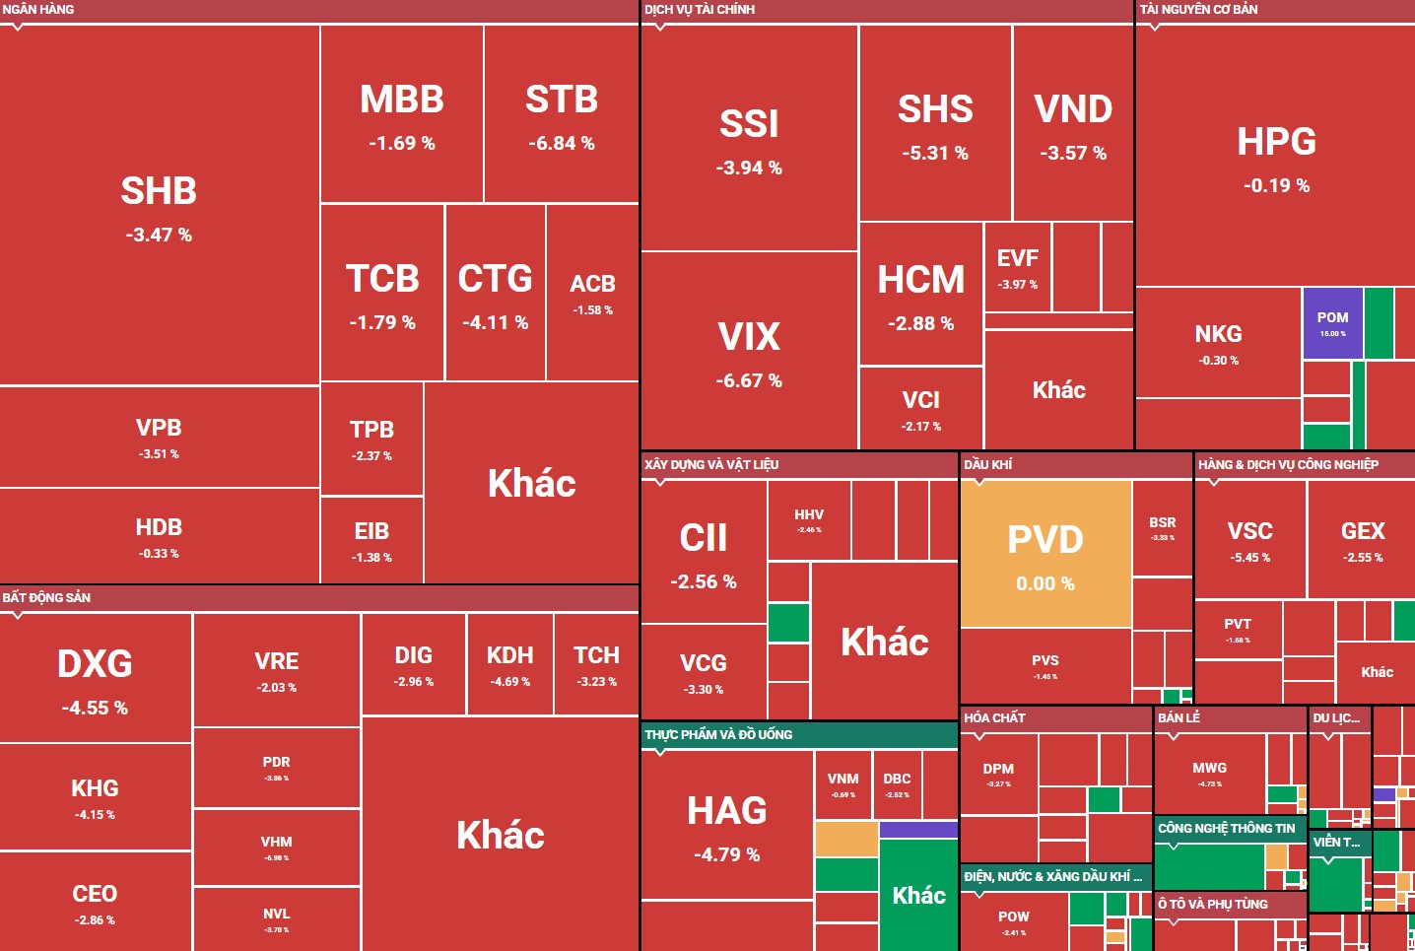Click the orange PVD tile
click(x=1045, y=554)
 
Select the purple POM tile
click(x=1332, y=323)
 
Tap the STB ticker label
click(x=562, y=100)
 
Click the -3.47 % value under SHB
click(x=159, y=235)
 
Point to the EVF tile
click(x=1017, y=267)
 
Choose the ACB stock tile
click(x=592, y=293)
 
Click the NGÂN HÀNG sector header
click(x=38, y=10)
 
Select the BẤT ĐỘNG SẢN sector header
click(x=46, y=597)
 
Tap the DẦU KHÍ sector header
click(x=987, y=464)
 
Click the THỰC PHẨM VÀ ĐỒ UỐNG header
click(x=718, y=734)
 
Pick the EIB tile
click(x=371, y=540)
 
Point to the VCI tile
click(x=920, y=408)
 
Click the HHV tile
click(x=809, y=520)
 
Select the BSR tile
click(x=1162, y=527)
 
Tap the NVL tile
click(x=276, y=918)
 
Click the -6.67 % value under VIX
click(x=749, y=380)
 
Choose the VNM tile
click(x=842, y=784)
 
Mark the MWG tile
click(x=1209, y=773)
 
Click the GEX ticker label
click(x=1363, y=531)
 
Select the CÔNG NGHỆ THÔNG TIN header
click(x=1226, y=829)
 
